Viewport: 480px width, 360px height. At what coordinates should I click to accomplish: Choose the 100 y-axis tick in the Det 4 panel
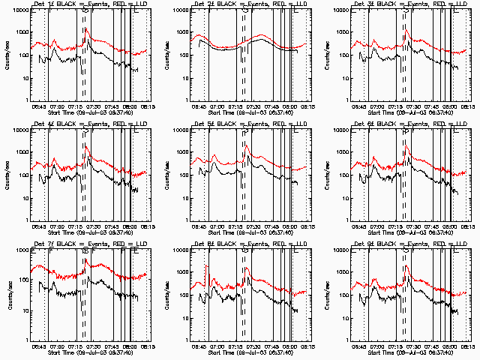click(x=23, y=175)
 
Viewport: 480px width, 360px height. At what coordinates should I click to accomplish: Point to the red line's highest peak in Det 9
click(x=406, y=266)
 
